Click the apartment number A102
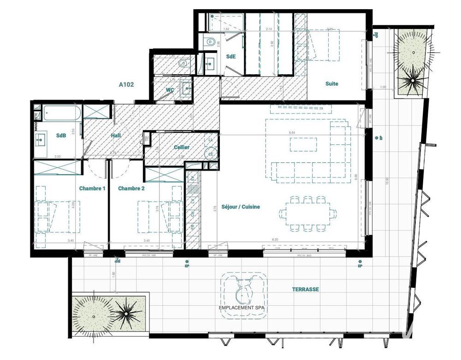pyautogui.click(x=126, y=84)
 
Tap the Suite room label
pyautogui.click(x=331, y=84)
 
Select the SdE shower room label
pyautogui.click(x=230, y=56)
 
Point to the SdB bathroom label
pyautogui.click(x=61, y=136)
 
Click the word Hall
pyautogui.click(x=116, y=136)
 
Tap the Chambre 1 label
pyautogui.click(x=92, y=189)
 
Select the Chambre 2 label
pyautogui.click(x=131, y=189)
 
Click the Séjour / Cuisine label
pyautogui.click(x=240, y=207)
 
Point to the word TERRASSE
pyautogui.click(x=306, y=289)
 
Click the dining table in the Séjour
pyautogui.click(x=304, y=213)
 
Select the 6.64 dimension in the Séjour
pyautogui.click(x=291, y=133)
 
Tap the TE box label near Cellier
pyautogui.click(x=147, y=138)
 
